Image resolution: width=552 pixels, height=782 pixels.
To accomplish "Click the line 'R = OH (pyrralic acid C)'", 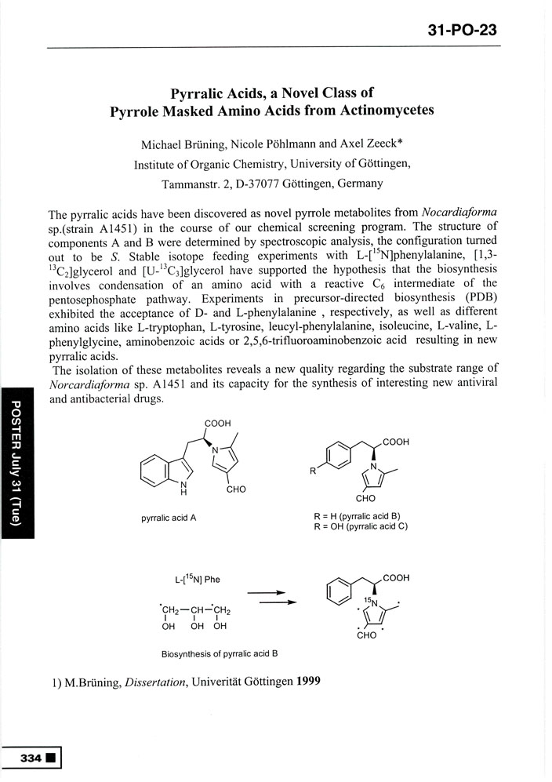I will (x=360, y=526).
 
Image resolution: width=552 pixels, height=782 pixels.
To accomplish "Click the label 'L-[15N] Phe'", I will (x=198, y=580).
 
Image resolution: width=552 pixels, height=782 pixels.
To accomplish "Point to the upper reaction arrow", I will (x=268, y=593).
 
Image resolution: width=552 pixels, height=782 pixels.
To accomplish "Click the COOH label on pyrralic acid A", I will (x=218, y=424).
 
